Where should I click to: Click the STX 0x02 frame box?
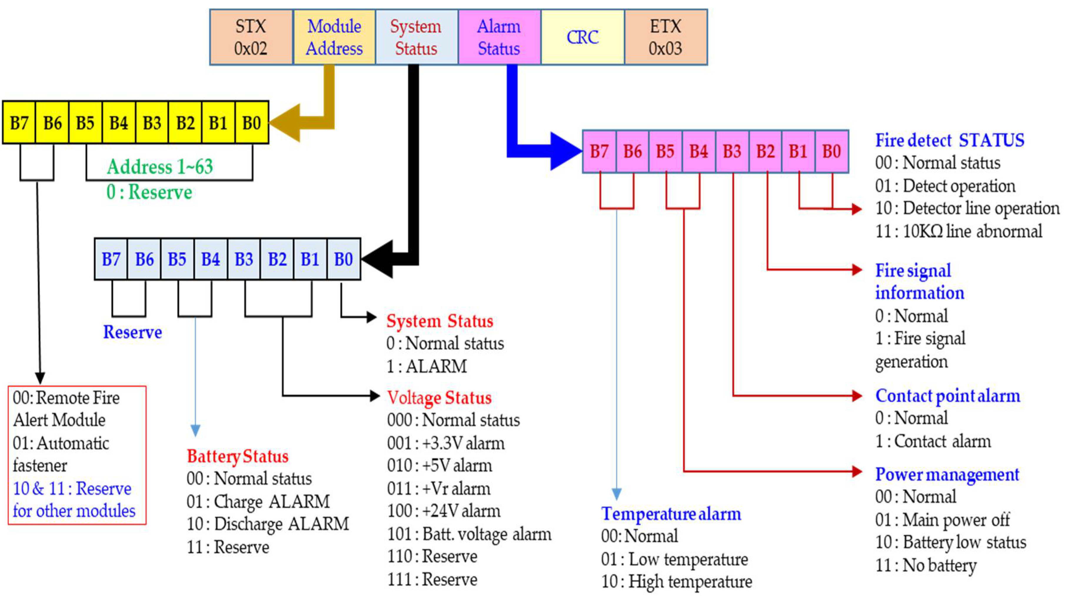tap(251, 37)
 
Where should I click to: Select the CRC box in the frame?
tap(582, 37)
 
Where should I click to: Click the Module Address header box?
tap(334, 37)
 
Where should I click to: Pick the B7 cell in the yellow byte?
tap(19, 123)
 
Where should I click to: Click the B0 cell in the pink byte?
tap(831, 151)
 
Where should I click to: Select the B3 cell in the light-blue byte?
tap(244, 259)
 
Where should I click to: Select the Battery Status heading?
tap(237, 456)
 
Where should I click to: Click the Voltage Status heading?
tap(439, 398)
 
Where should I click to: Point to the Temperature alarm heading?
tap(670, 513)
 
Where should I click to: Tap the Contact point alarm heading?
tap(948, 396)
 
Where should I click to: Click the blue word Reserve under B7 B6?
tap(132, 332)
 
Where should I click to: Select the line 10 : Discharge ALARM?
tap(268, 524)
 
